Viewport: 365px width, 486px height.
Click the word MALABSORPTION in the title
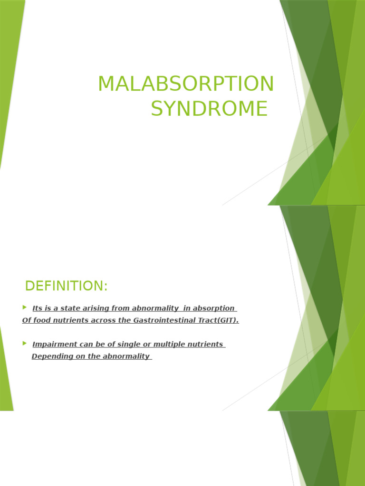pyautogui.click(x=186, y=84)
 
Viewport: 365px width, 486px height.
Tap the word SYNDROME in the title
pyautogui.click(x=209, y=108)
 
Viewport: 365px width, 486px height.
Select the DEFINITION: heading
pyautogui.click(x=67, y=286)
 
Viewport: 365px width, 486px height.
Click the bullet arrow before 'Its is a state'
pyautogui.click(x=25, y=308)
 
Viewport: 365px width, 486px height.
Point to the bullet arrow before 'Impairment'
pyautogui.click(x=25, y=343)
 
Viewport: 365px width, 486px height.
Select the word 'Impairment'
pyautogui.click(x=54, y=345)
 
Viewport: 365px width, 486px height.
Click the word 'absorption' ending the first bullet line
pyautogui.click(x=212, y=308)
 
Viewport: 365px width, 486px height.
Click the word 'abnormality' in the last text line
pyautogui.click(x=126, y=356)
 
